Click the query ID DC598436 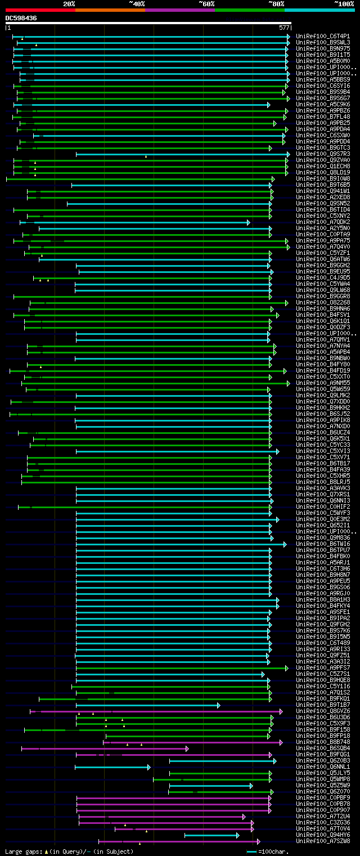click(21, 18)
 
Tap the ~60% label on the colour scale click(206, 3)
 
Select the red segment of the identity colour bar click(40, 10)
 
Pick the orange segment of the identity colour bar click(110, 10)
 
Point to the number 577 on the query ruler click(283, 28)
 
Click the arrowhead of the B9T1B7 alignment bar click(218, 705)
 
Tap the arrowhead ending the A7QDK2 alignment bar click(249, 222)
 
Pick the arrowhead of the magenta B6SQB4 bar click(187, 749)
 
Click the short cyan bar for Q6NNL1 click(112, 767)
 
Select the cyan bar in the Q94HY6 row click(211, 835)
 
